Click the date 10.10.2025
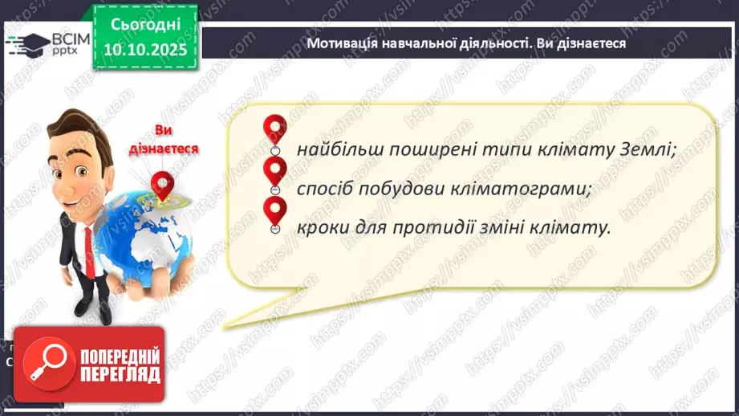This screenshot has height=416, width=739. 145,50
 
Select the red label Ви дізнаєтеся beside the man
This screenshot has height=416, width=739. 164,140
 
